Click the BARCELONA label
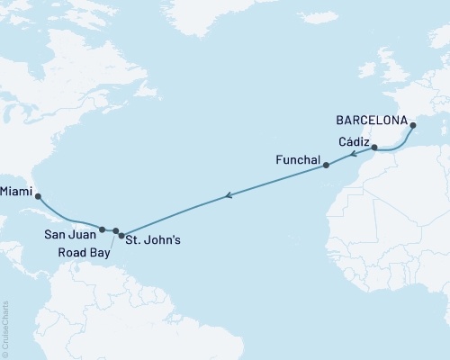coord(369,118)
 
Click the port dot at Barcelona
coord(412,126)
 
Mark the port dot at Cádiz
coord(374,146)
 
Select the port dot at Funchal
coord(326,166)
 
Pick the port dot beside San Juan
coord(103,229)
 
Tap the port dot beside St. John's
coord(121,235)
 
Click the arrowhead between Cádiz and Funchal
coord(354,155)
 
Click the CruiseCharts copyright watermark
coord(5,328)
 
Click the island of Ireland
coord(371,69)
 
